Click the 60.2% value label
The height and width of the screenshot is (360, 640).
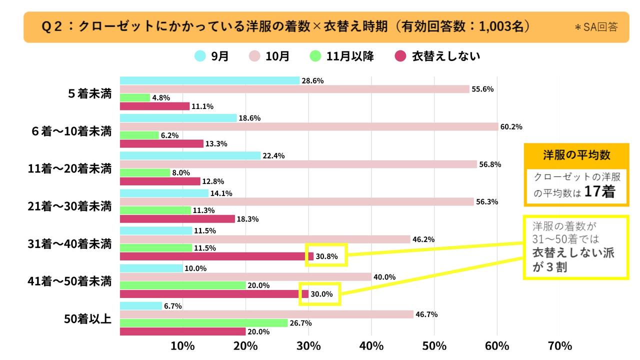(x=510, y=126)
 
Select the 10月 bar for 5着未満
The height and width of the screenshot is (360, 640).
(x=294, y=89)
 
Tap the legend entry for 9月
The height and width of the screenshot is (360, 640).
(x=211, y=56)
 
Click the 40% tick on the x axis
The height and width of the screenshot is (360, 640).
(x=371, y=345)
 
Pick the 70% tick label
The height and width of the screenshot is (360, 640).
(x=560, y=345)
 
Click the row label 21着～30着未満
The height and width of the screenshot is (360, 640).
(x=69, y=206)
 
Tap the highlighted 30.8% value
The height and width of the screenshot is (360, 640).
(x=326, y=256)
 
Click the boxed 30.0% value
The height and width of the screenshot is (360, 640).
(x=321, y=294)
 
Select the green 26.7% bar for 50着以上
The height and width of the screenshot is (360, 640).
(x=203, y=323)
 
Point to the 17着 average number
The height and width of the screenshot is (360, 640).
(x=599, y=192)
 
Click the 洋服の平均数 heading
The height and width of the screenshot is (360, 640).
(x=576, y=154)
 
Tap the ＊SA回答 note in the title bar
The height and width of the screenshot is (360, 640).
(x=595, y=27)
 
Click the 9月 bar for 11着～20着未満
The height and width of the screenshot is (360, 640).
(x=190, y=155)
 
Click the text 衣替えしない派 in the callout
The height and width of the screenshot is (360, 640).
(x=573, y=252)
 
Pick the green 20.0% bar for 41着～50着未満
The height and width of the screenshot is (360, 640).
(x=182, y=285)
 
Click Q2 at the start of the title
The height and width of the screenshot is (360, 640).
(x=51, y=26)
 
